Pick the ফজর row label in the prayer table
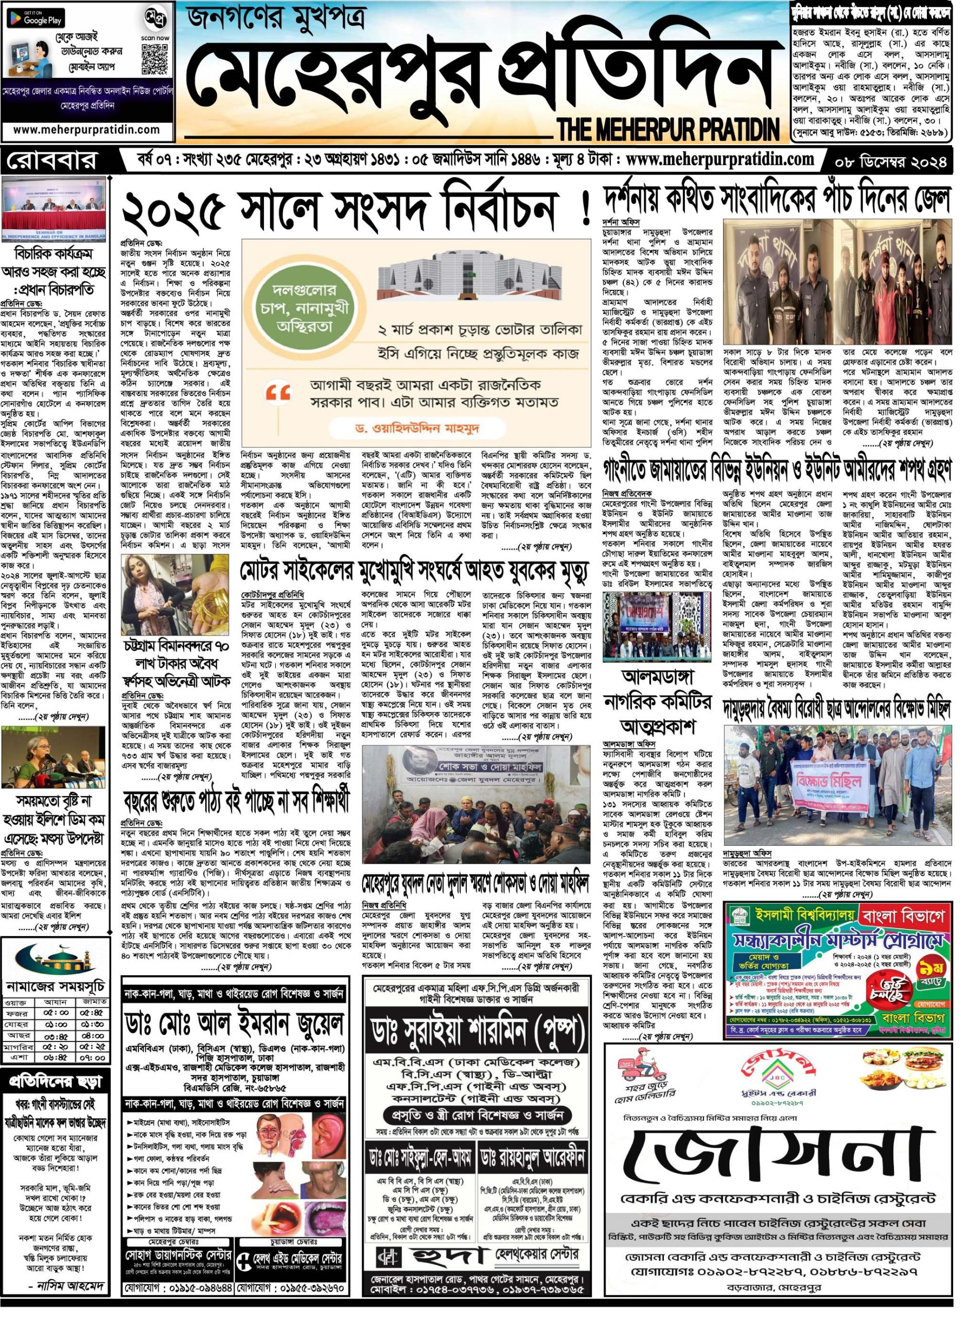[x=20, y=984]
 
